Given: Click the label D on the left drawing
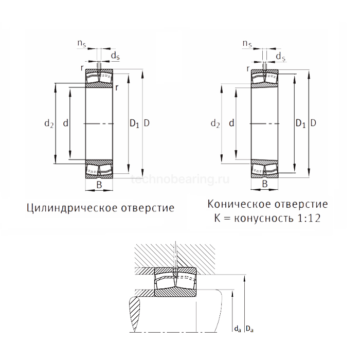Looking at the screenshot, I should coord(147,123).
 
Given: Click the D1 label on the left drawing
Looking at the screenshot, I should coord(134,123).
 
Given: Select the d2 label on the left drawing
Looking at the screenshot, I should coord(49,123).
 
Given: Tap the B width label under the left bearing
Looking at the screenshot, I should coord(99,184).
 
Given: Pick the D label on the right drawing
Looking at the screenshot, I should coord(313,123).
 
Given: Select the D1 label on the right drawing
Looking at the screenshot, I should coord(300,123).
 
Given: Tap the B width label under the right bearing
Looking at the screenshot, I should coord(265,184).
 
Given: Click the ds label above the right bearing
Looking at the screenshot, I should coord(280,55).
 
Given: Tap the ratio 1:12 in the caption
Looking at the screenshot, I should coord(309,219).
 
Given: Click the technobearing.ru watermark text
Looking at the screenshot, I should coord(180,180).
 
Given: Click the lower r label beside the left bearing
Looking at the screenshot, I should coord(117,87).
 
